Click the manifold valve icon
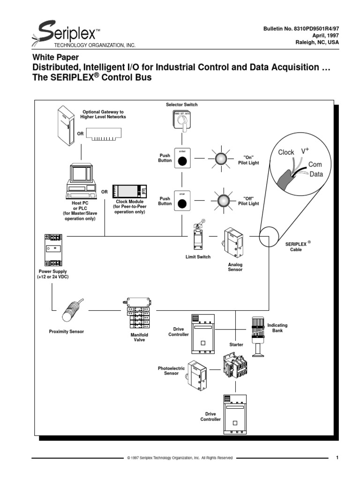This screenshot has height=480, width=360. pos(137,314)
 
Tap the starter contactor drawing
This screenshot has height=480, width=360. pos(235,367)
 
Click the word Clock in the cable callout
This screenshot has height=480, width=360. pos(286,152)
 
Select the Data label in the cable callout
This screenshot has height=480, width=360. pos(315,174)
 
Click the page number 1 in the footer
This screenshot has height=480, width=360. pos(337,457)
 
